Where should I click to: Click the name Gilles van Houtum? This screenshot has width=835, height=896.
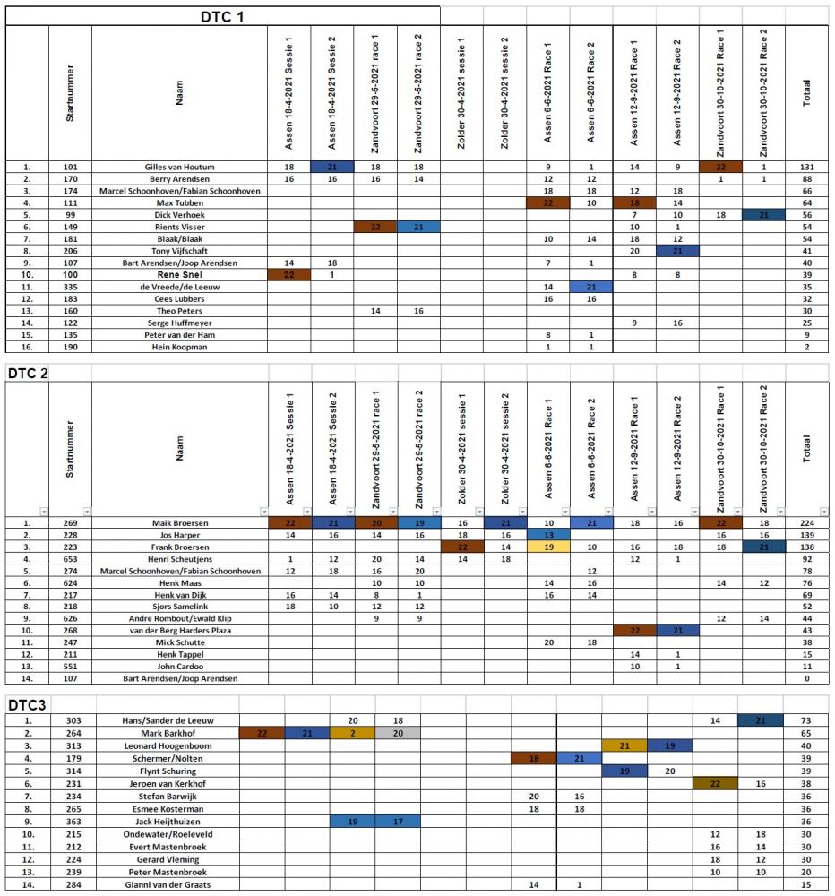(x=179, y=168)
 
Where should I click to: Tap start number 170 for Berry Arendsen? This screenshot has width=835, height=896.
(x=70, y=179)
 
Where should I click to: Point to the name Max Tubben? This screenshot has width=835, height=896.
(x=179, y=203)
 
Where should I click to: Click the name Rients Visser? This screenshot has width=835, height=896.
(x=179, y=228)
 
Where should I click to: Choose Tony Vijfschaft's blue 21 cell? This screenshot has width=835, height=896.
(x=677, y=252)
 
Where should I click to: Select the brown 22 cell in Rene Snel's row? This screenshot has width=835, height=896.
(x=288, y=275)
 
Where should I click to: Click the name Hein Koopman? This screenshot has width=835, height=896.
(x=179, y=347)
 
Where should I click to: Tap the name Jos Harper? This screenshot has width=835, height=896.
(x=179, y=535)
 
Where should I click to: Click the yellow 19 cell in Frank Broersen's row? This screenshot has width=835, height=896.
(x=548, y=547)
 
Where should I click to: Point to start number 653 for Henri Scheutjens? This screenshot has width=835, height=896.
(x=70, y=559)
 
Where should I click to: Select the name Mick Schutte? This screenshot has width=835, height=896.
(x=179, y=642)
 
